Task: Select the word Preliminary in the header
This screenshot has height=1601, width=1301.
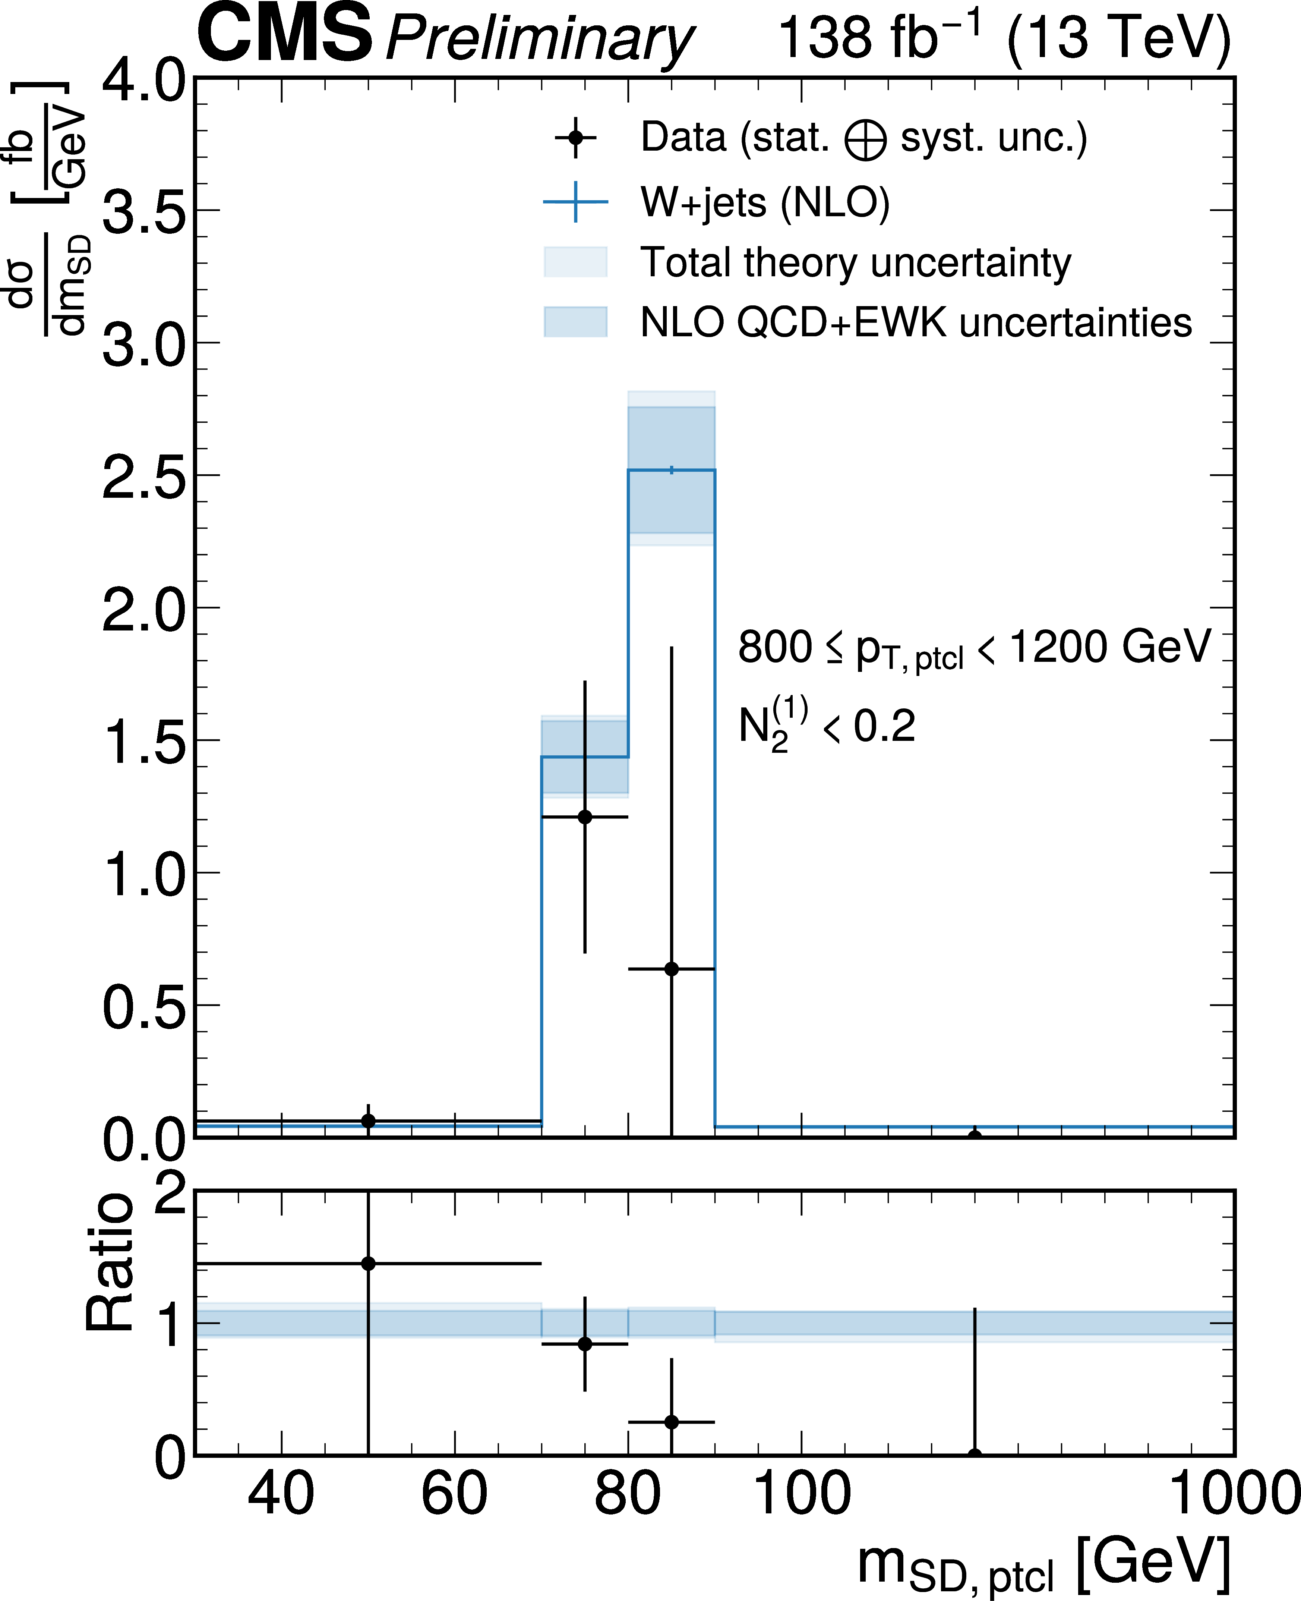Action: pos(540,39)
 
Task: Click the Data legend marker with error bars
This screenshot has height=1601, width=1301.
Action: pos(575,138)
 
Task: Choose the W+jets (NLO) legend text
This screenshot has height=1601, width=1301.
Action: pos(764,202)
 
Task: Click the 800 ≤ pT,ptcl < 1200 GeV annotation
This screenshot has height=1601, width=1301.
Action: pos(974,648)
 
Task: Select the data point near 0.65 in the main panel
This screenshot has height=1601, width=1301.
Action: pos(672,969)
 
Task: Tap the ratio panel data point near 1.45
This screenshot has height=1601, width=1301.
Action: pos(368,1264)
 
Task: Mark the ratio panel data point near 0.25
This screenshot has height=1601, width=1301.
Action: pos(672,1422)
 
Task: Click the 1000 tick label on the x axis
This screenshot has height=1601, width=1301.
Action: pos(1233,1494)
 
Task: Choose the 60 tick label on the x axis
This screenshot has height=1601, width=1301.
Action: pos(454,1494)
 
